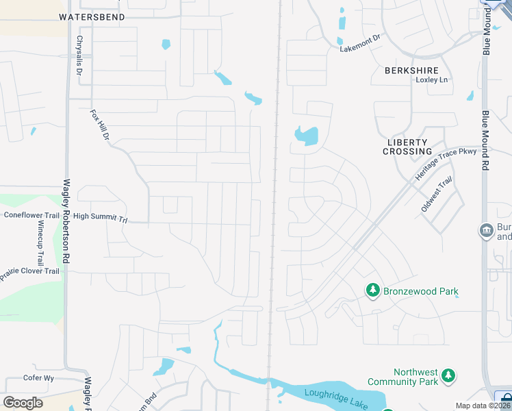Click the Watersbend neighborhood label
[x=92, y=16]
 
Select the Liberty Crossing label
[x=407, y=147]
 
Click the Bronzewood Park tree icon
[x=372, y=291]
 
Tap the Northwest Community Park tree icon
[x=448, y=375]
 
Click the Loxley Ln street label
[x=432, y=80]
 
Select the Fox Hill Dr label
[x=100, y=125]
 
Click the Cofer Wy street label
[x=38, y=378]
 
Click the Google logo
[x=22, y=402]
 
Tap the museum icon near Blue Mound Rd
[x=487, y=229]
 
